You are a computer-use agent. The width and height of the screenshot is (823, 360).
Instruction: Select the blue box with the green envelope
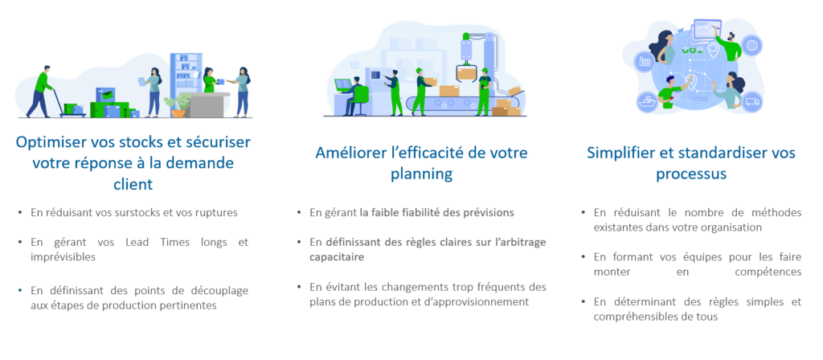coord(105,95)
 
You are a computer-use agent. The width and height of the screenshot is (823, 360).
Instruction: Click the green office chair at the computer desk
coord(361,100)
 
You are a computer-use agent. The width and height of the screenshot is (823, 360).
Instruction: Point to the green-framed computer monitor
coord(342,85)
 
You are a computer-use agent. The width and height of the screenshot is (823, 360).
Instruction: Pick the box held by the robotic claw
coord(466,73)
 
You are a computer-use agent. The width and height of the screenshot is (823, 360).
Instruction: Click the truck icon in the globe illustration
coord(752,101)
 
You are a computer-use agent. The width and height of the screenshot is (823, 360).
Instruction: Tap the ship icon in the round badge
coord(647,100)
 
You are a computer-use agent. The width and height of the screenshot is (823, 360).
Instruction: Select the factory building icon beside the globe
coord(644,61)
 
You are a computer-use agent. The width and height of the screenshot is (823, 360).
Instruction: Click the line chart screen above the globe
coord(708,30)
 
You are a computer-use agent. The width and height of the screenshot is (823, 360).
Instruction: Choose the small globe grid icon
coord(751,45)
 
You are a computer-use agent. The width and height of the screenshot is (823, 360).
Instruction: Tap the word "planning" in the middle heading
coord(421,174)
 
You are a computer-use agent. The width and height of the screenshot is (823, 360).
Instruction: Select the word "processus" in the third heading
coord(691,174)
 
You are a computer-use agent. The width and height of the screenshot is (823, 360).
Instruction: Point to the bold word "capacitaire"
coord(337,257)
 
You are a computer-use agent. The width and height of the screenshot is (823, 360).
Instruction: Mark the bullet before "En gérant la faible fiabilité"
coord(299,212)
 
